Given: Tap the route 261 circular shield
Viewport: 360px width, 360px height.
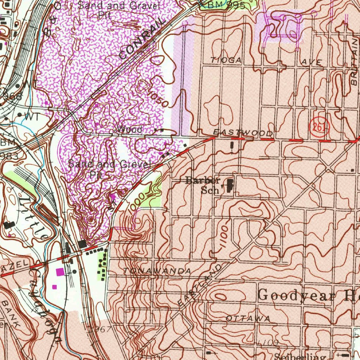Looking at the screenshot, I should [319, 127].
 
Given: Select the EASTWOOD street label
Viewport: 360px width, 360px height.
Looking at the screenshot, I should [243, 133].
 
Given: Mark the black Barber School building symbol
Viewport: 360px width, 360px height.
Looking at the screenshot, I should [230, 185].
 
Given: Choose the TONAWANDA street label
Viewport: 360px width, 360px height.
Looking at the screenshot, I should [157, 271].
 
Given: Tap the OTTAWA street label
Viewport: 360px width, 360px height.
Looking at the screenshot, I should [248, 319].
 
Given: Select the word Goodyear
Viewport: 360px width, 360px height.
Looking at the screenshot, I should [296, 295].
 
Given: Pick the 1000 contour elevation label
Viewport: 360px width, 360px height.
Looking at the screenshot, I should [136, 202].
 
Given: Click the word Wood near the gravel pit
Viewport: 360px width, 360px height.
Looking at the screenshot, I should [130, 129].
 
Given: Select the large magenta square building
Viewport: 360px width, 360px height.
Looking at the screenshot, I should [60, 271].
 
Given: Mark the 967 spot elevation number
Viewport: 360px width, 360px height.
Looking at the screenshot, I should [103, 329].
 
